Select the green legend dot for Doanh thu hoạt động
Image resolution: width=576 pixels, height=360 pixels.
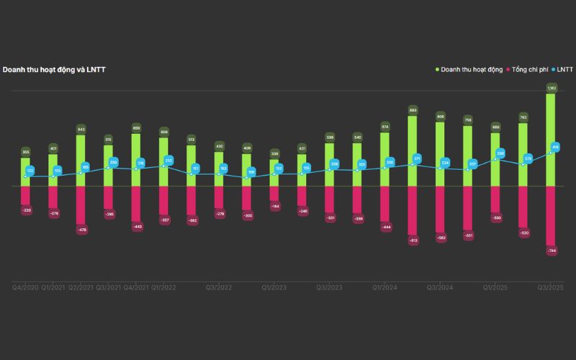[437, 70]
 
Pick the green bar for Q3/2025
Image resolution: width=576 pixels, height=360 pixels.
[550, 140]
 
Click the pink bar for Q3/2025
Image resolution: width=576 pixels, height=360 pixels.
[550, 215]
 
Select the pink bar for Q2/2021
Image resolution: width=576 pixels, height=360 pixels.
[81, 205]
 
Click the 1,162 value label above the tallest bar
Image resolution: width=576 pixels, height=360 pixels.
[552, 88]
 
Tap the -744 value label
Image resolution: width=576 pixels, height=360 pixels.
[552, 251]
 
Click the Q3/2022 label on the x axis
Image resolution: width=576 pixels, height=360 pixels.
[219, 287]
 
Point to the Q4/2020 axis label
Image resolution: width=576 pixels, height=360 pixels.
[26, 287]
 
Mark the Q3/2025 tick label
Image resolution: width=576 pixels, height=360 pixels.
[549, 287]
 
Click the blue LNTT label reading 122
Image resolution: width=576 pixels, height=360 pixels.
[30, 171]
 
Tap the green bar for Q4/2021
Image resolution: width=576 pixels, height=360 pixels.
[135, 160]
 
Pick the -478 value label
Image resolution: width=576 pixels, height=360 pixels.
[82, 230]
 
